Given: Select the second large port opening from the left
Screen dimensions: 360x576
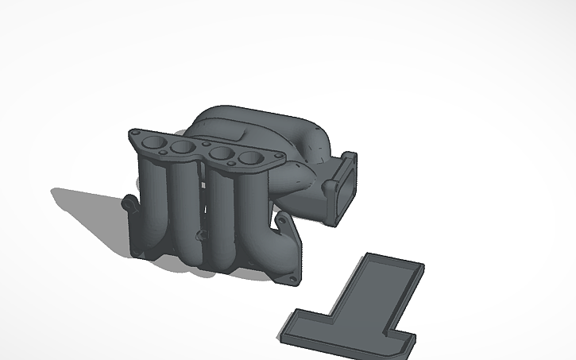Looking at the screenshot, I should click(184, 149).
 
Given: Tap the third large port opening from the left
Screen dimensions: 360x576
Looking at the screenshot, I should click(224, 154).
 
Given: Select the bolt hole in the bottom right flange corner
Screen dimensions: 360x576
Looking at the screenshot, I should click(292, 279).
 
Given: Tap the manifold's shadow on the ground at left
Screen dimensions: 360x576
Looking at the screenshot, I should click(87, 215).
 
